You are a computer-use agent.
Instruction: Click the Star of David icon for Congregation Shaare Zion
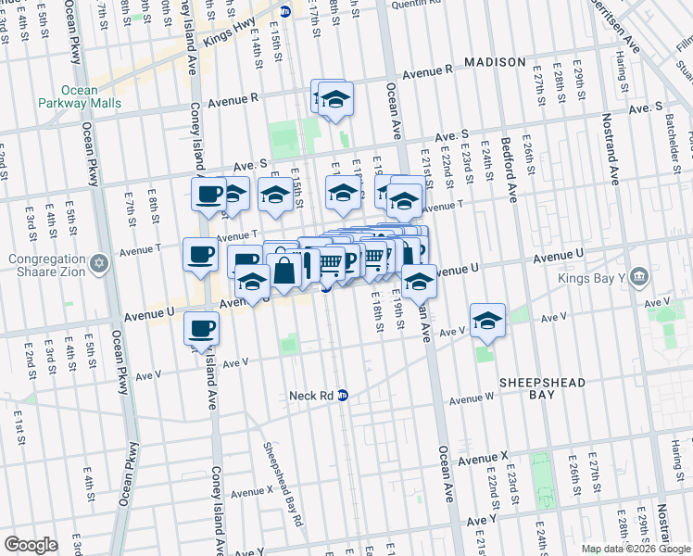click(99, 265)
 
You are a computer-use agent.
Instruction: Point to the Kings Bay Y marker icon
click(638, 277)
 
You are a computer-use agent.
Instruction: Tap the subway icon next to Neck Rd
click(343, 395)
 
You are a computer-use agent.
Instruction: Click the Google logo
click(31, 545)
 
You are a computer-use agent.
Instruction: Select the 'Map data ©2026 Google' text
click(636, 549)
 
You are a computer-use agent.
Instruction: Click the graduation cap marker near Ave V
click(487, 321)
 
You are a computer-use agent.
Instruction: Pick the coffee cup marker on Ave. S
click(208, 194)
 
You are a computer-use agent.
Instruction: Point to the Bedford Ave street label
click(510, 171)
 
